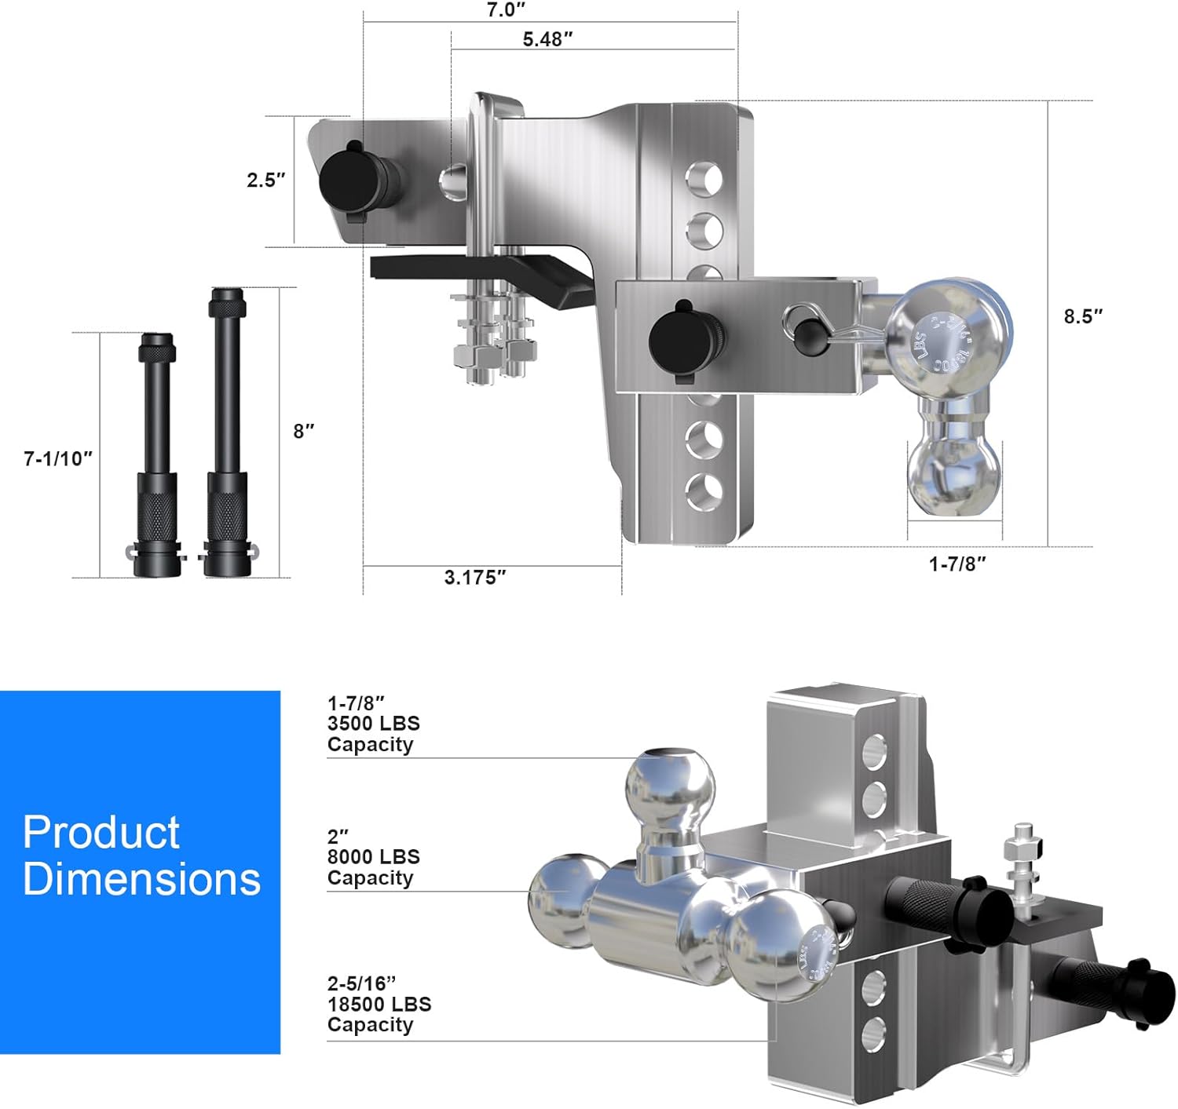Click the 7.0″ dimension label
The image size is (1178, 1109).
point(506,10)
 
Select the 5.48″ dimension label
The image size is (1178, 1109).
point(547,39)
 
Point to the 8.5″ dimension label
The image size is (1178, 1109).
point(1083,316)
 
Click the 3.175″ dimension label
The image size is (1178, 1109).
point(475,578)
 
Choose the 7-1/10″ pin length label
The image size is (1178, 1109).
point(58,459)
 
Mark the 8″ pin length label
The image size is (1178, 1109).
point(303,431)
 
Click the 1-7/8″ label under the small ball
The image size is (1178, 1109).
point(957,564)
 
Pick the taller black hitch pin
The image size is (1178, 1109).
point(227,436)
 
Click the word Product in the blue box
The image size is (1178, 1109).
point(101,833)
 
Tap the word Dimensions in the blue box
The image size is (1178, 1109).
point(141,879)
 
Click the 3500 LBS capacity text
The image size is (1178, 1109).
point(373,724)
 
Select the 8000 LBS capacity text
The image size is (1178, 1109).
point(373,857)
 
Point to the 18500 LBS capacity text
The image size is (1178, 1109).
point(379,1004)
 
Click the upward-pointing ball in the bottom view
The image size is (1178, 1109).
point(670,785)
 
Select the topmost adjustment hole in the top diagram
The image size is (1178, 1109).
point(705,178)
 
